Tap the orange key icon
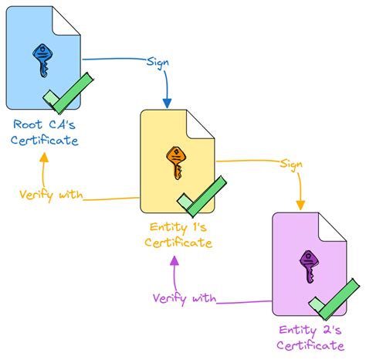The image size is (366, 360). (x=175, y=162)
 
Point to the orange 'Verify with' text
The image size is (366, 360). (x=52, y=194)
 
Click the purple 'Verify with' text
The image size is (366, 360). (x=185, y=297)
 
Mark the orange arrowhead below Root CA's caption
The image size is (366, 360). (x=42, y=157)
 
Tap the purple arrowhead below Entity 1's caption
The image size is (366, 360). (x=175, y=260)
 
